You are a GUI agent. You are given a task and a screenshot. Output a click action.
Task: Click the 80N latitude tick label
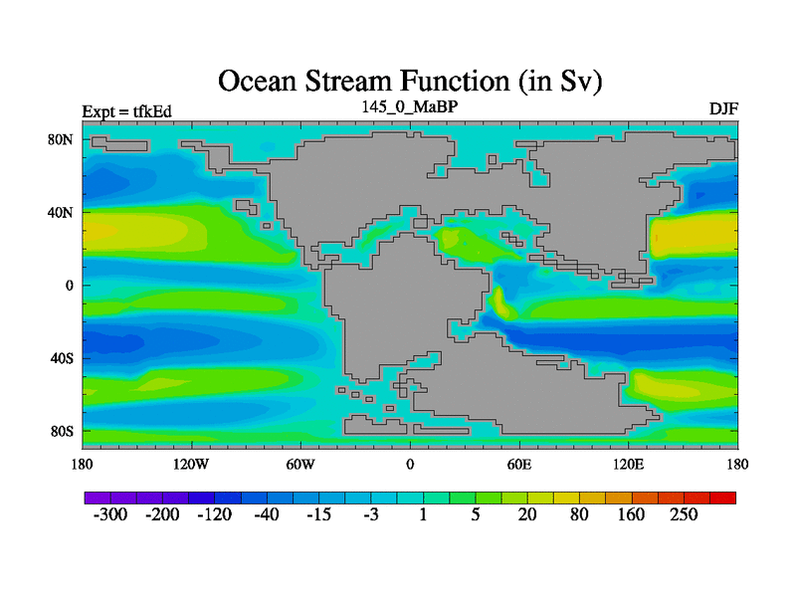tap(61, 139)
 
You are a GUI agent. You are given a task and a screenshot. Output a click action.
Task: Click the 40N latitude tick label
tap(61, 212)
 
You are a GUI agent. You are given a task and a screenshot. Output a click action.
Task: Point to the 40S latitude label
tap(62, 358)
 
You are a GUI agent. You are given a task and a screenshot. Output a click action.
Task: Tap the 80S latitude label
tap(62, 432)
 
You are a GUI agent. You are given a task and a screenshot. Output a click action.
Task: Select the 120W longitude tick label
tap(191, 464)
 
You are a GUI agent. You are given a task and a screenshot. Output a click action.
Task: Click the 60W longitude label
tap(300, 464)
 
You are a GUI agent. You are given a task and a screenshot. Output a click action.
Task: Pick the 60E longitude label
tap(519, 464)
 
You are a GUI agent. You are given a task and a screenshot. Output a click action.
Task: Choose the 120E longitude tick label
tap(629, 464)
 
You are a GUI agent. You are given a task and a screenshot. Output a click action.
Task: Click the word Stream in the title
tap(349, 82)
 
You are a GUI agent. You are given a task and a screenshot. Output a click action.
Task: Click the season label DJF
tap(723, 109)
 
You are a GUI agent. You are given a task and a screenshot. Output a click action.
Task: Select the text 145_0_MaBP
tap(410, 106)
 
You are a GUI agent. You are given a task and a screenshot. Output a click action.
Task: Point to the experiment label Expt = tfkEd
tap(127, 111)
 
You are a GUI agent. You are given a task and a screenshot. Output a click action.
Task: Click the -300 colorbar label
tap(110, 514)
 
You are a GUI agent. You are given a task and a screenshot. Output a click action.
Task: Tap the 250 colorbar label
tap(684, 514)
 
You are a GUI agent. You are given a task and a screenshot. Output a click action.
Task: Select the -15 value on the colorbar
tap(318, 514)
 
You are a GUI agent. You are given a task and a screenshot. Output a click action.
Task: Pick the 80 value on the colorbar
tap(579, 514)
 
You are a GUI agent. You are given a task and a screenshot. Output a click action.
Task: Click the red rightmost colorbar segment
tap(723, 498)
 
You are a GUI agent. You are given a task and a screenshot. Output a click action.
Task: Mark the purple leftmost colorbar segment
tap(98, 498)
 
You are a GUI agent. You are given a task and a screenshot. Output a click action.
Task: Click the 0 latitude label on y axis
tap(70, 286)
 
